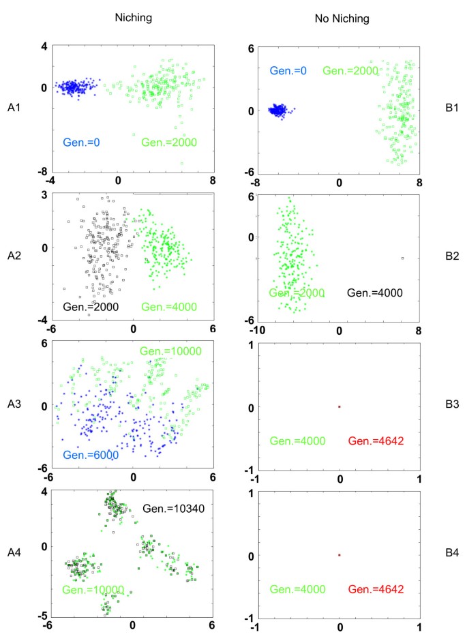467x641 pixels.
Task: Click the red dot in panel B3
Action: pos(340,407)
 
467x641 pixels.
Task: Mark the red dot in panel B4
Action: pos(340,555)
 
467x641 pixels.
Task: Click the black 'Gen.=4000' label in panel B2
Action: pos(375,293)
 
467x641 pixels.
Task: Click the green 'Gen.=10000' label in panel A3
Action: pos(168,351)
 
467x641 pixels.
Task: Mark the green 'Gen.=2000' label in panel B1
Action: pos(350,70)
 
